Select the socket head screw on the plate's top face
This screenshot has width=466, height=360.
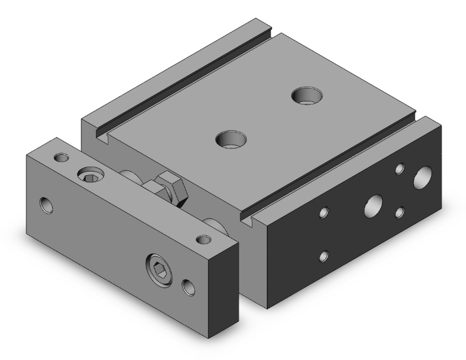pos(88,175)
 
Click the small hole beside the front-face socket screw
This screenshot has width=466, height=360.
pos(187,287)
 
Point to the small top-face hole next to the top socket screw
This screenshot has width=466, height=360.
pos(61,156)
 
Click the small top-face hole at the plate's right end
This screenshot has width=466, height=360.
pos(202,239)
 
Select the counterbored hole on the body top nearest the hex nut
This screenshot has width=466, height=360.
pos(229,138)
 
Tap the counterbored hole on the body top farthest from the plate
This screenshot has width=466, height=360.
pos(308,96)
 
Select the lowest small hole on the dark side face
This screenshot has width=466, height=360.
pos(324,255)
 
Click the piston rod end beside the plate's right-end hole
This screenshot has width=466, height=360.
pos(215,224)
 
